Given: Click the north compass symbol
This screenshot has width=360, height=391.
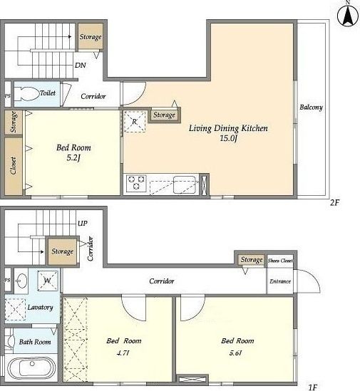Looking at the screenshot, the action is coord(348,16).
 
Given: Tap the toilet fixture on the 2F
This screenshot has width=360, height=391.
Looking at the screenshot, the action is coord(26,94).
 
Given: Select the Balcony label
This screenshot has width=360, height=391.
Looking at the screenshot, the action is coord(311,108).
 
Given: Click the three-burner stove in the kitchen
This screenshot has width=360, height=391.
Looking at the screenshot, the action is coord(136,183).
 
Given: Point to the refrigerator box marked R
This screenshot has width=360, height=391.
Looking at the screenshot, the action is coord(135,122).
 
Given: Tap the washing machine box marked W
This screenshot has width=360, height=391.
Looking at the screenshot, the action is coord(48,281).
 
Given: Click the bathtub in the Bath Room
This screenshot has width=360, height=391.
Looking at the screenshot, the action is coord(31,368).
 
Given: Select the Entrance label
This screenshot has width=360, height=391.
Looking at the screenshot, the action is coord(280,281).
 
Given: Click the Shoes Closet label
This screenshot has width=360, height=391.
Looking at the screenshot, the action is coord(280,261).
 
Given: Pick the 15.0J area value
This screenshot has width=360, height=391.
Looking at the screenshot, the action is coord(228,138).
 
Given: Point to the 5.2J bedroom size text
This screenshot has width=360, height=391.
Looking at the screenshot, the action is coord(73,158).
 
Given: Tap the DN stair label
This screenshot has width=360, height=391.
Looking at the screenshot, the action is coord(81,66).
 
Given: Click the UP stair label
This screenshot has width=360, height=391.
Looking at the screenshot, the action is coord(83,223).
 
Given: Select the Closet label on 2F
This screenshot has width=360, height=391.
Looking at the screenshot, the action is coord(13,165).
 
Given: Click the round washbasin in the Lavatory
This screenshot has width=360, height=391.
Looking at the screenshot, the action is coord(22,281).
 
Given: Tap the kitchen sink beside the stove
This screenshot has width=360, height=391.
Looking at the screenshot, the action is coord(185,184).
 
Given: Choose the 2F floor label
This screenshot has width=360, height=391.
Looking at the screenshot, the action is coord(335,202).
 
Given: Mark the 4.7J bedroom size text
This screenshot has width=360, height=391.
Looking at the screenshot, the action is coord(123,353).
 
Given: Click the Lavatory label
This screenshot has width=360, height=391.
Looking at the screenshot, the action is coord(40,308).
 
